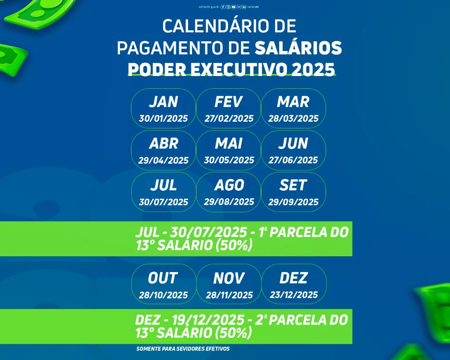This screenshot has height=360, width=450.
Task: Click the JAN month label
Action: [163, 102]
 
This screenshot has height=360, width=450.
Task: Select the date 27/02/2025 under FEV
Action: [229, 118]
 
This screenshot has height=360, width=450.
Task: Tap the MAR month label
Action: [293, 102]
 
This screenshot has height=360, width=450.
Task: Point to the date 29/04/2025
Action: [163, 160]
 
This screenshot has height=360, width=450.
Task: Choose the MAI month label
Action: [229, 143]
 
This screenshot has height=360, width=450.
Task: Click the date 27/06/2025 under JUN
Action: [293, 160]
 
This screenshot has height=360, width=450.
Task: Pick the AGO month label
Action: [229, 185]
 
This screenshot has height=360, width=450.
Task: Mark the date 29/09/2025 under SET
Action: [293, 202]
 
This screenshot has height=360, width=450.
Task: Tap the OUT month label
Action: [163, 278]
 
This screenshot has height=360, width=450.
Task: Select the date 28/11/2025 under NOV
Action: [229, 295]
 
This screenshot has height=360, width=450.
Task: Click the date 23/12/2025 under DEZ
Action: [294, 295]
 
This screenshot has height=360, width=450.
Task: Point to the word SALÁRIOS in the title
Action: [298, 48]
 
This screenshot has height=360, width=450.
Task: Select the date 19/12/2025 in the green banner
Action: [208, 320]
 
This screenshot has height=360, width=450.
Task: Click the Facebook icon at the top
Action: [223, 7]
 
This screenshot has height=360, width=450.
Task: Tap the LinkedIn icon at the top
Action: [244, 7]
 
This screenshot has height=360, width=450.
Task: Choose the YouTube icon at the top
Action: [234, 7]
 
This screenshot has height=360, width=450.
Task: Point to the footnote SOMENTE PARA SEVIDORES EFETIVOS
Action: [183, 349]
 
